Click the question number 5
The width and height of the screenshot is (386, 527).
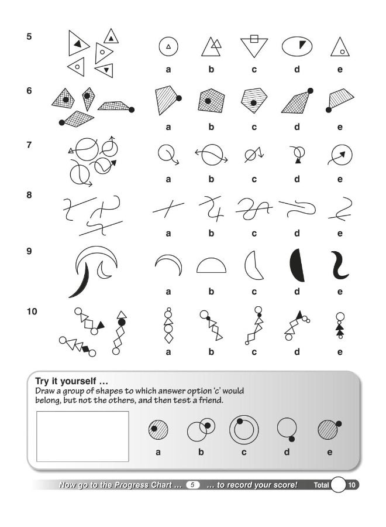pos(29,36)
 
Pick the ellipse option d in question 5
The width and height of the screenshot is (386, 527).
pos(297,46)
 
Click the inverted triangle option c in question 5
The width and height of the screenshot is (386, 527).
pos(254,46)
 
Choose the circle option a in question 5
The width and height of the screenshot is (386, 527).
pos(168,46)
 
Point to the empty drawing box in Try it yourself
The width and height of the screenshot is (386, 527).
pos(82,436)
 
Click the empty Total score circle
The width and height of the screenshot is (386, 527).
pos(339,485)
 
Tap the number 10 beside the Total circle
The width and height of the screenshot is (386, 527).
pos(352,485)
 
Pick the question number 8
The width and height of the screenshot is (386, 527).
pos(29,196)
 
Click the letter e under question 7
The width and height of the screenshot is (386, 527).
pos(340,180)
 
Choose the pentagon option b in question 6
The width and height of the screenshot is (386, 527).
pos(211,100)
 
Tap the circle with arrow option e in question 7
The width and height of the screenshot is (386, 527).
pos(340,156)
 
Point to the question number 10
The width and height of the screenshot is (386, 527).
pos(32,312)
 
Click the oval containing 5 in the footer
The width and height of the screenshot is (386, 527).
pos(194,485)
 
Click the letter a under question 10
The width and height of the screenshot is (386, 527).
pos(168,352)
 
